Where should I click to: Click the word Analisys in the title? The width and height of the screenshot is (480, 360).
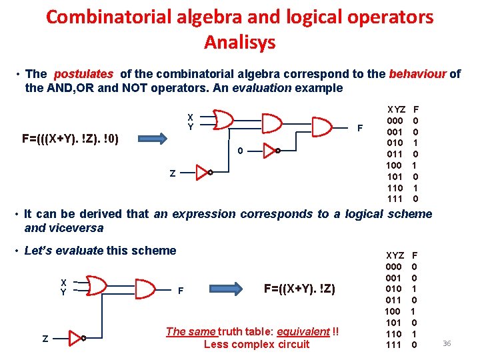239,43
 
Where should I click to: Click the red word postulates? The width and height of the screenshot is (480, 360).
83,74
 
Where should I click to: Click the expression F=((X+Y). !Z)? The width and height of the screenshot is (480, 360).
299,289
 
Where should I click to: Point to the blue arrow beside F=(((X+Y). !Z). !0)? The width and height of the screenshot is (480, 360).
156,139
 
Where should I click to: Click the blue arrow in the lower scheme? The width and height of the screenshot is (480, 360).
227,289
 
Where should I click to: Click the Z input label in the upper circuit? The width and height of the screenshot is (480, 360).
173,173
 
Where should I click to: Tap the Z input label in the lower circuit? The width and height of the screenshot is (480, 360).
45,339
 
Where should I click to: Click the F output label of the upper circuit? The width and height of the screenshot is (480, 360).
360,127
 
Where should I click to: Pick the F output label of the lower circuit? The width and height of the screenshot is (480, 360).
181,291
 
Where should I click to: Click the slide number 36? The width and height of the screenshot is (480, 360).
447,343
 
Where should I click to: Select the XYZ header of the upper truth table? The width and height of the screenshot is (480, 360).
397,109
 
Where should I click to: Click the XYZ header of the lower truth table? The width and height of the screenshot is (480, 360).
395,255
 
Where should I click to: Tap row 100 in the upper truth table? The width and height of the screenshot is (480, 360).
395,165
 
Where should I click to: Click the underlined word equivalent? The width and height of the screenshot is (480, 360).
303,331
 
